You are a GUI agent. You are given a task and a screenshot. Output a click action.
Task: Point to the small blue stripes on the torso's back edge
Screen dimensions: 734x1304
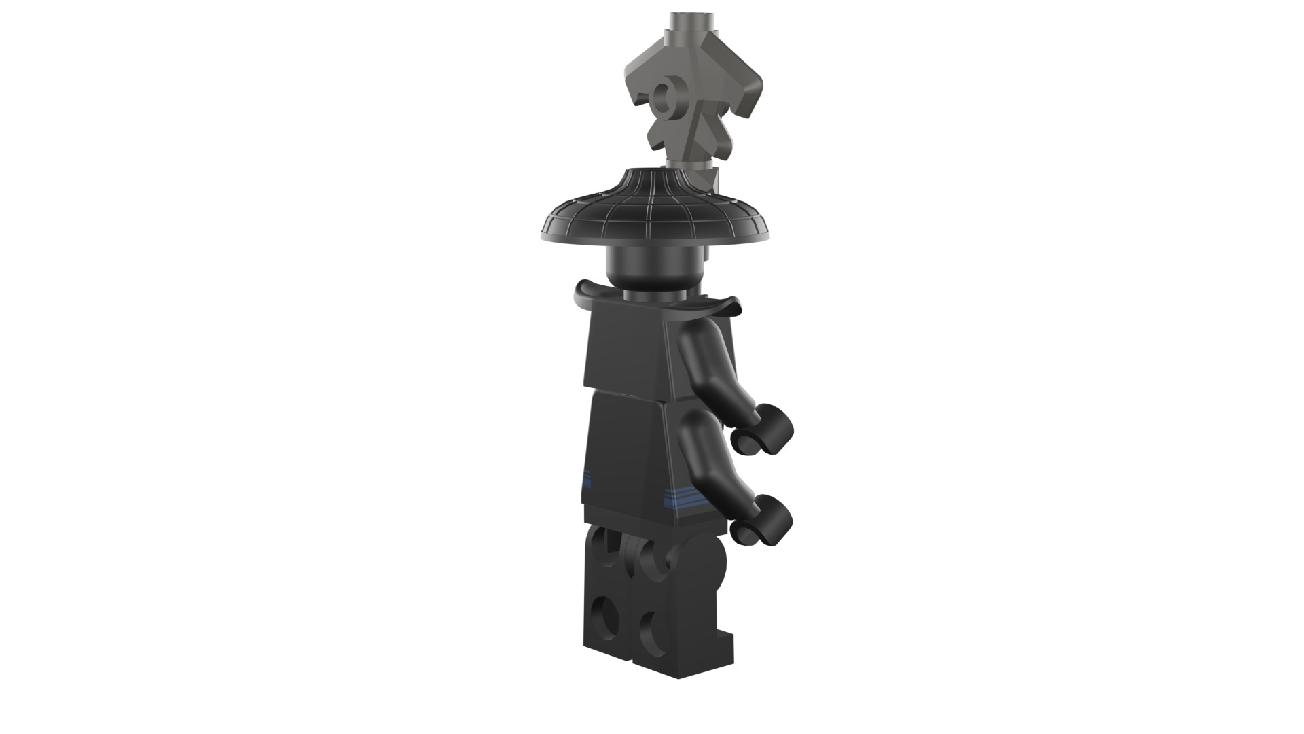click(x=587, y=478)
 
